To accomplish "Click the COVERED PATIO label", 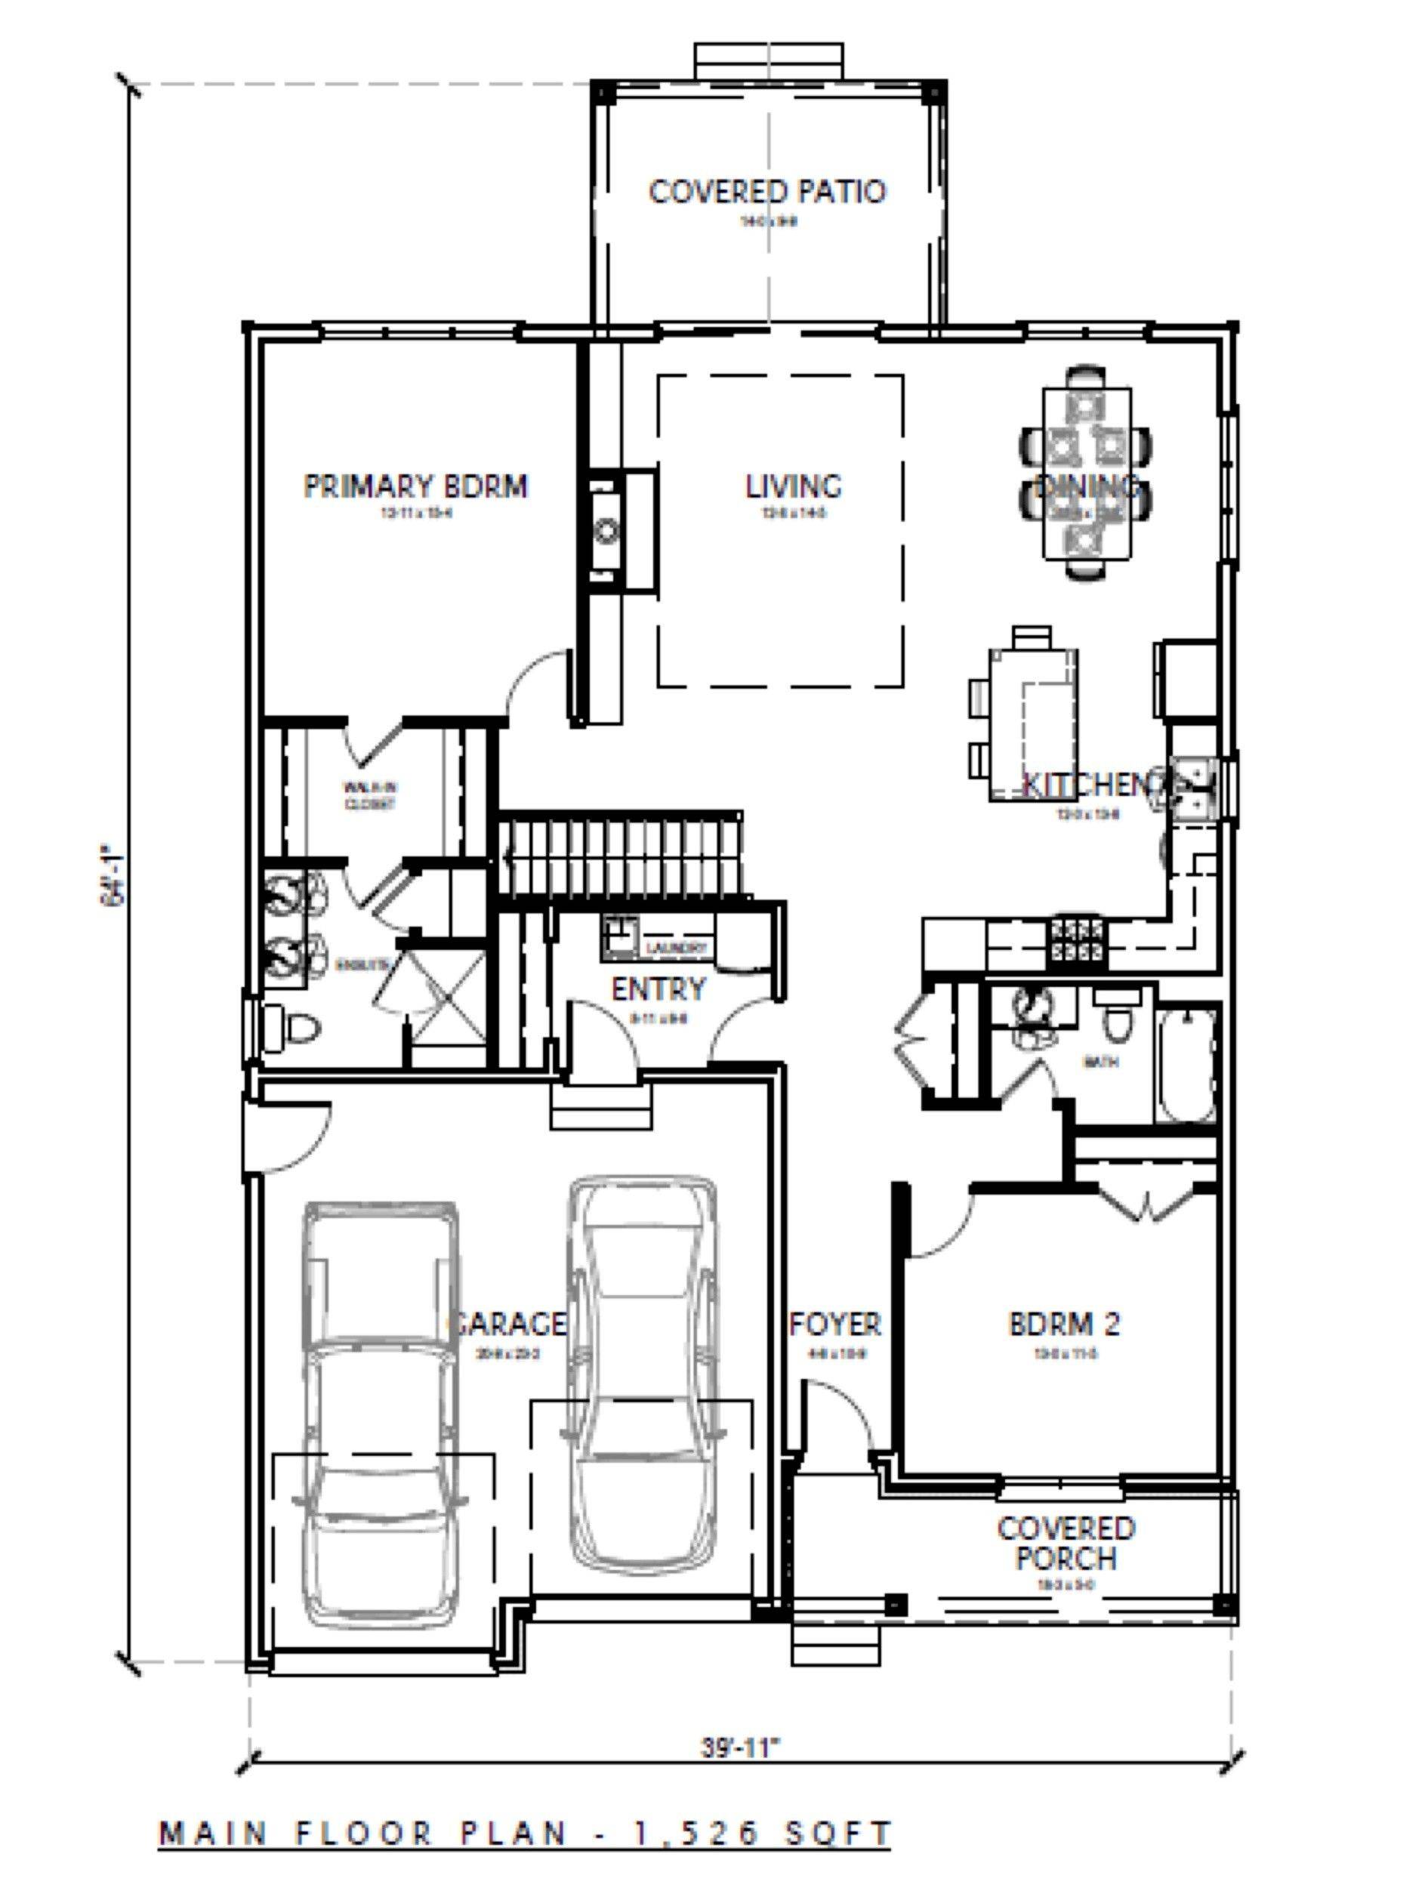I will pos(766,191).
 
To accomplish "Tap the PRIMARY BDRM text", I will pos(415,486).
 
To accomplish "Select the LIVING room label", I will pos(793,486).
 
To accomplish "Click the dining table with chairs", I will pos(1087,473).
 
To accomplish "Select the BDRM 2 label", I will pos(1064,1324).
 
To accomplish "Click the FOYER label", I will pos(835,1324).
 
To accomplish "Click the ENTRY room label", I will pos(658,989).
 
